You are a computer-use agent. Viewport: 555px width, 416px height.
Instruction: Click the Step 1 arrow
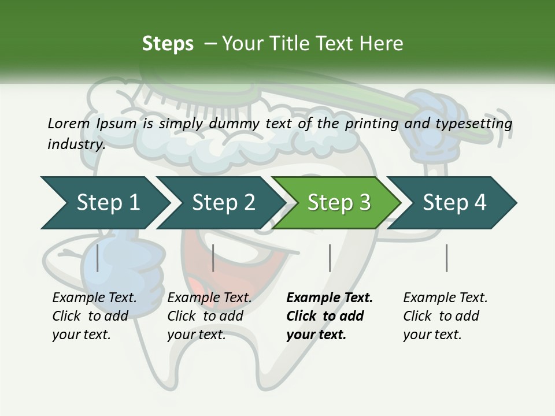(107, 202)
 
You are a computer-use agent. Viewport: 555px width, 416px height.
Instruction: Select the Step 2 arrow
(223, 202)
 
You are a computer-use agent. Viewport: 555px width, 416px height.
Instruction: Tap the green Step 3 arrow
(338, 202)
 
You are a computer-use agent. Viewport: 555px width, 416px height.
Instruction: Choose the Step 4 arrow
(454, 202)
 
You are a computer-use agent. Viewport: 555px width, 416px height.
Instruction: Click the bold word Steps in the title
(168, 44)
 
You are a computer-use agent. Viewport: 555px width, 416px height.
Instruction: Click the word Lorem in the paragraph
(68, 123)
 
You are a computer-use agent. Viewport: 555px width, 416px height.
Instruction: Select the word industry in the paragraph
(76, 144)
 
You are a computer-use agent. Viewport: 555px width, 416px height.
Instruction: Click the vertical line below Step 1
(98, 258)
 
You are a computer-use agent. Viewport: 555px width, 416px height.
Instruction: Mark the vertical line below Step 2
(213, 258)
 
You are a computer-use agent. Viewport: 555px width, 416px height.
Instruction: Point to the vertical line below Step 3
(330, 258)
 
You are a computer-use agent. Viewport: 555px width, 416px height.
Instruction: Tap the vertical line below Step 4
(446, 258)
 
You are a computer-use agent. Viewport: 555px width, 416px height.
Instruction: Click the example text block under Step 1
(94, 316)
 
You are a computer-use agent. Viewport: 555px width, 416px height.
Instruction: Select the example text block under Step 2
(209, 316)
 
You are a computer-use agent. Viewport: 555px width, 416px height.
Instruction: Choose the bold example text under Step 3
(330, 316)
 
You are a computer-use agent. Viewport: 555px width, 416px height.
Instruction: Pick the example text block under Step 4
(445, 316)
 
